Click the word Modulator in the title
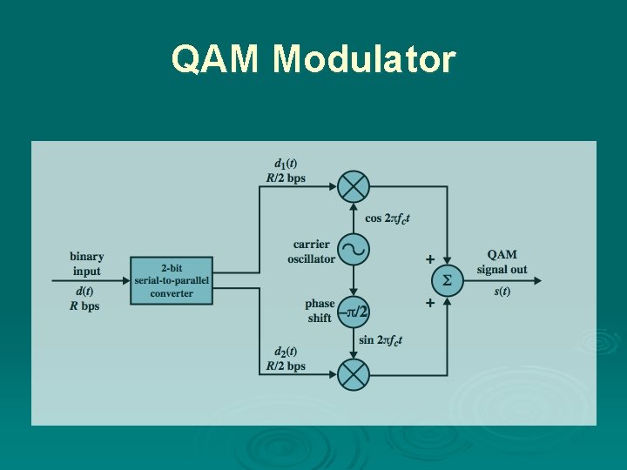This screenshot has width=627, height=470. click(x=364, y=59)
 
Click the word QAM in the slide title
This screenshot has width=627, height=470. click(x=218, y=59)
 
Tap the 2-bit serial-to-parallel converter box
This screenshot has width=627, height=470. click(x=172, y=280)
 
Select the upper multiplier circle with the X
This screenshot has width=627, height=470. click(x=354, y=186)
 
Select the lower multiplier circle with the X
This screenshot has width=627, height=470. click(x=354, y=374)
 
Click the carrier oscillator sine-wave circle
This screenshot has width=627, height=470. click(x=354, y=251)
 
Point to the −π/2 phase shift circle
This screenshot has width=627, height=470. click(x=354, y=311)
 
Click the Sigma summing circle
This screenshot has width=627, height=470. click(x=448, y=280)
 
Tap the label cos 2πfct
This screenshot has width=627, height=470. click(x=388, y=219)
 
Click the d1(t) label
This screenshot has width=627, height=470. click(x=286, y=163)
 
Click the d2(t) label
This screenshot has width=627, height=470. click(x=286, y=352)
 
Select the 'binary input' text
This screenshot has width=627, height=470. click(x=86, y=264)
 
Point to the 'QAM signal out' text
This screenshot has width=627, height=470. click(x=502, y=262)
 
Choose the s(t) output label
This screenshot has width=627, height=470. click(x=502, y=292)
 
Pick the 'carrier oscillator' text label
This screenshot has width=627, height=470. click(x=311, y=252)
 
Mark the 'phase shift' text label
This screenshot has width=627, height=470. click(x=319, y=311)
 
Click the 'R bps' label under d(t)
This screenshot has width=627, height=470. click(x=85, y=306)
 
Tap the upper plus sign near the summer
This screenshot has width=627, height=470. click(x=429, y=259)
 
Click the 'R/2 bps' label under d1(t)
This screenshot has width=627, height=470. click(x=286, y=178)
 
